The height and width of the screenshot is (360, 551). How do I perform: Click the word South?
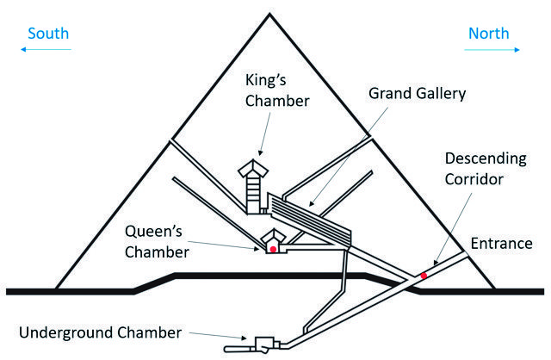pyautogui.click(x=48, y=34)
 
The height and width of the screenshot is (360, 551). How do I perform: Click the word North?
pyautogui.click(x=488, y=34)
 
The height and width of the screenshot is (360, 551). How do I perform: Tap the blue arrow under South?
pyautogui.click(x=48, y=51)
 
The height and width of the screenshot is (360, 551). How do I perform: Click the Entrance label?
pyautogui.click(x=502, y=243)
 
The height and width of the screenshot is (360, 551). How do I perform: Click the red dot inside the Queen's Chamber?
pyautogui.click(x=274, y=249)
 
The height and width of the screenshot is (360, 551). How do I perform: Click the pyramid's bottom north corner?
pyautogui.click(x=497, y=287)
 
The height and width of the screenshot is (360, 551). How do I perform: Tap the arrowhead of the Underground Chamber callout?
pyautogui.click(x=244, y=340)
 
